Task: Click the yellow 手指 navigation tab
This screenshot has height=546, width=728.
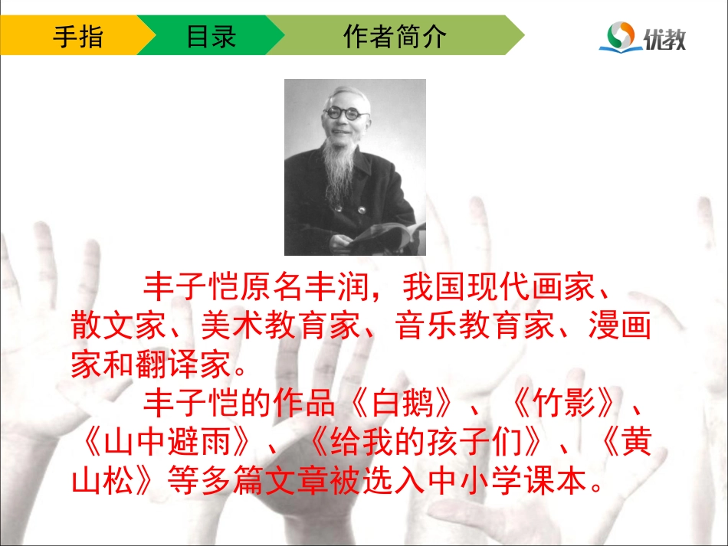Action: click(77, 36)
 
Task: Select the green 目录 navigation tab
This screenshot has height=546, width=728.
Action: click(211, 36)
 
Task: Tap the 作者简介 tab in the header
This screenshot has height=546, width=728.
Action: click(395, 36)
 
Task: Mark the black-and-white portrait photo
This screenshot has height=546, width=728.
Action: click(355, 167)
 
